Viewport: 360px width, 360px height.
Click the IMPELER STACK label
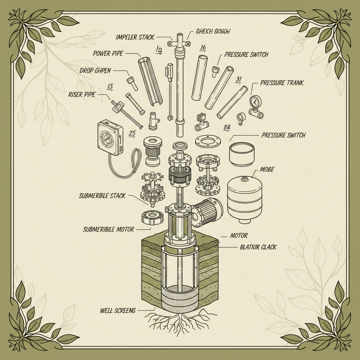tap(135, 37)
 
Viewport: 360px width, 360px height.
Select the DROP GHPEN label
tap(95, 71)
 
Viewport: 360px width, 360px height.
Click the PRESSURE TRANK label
tap(282, 83)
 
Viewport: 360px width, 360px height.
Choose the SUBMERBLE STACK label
tap(102, 196)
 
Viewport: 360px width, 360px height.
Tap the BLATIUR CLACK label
tap(258, 247)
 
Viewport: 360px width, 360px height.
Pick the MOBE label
tap(267, 170)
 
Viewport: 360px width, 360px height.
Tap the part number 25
tap(132, 134)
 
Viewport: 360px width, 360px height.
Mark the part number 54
tap(227, 128)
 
